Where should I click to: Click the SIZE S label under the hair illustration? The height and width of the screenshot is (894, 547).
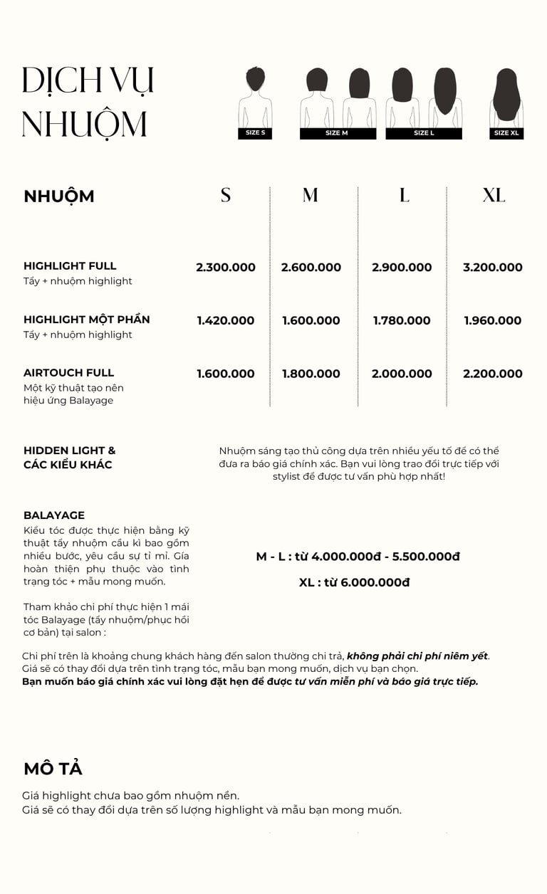[x=255, y=133]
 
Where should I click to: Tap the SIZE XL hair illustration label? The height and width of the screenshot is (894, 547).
[x=506, y=133]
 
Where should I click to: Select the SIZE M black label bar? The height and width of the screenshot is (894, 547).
[x=338, y=133]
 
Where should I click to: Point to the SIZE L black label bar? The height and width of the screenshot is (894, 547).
[x=424, y=133]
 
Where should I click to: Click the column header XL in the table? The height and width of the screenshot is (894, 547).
[x=494, y=195]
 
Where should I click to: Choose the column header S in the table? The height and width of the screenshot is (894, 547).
[x=226, y=195]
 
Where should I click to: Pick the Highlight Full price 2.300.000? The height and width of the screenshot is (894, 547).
[x=226, y=268]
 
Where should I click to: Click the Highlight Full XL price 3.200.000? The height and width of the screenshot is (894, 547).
[x=493, y=268]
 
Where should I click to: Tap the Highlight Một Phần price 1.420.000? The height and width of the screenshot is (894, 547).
[x=226, y=321]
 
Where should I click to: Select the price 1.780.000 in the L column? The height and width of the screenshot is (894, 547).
[x=402, y=321]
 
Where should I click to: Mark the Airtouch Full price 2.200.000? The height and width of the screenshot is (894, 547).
[x=493, y=374]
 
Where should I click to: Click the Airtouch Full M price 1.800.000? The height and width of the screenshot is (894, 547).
[x=311, y=374]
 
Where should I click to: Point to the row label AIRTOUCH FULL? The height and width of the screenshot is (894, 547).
[x=68, y=373]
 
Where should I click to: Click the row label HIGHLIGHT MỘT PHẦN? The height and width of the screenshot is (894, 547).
[x=87, y=320]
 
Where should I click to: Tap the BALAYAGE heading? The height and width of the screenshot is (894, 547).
[x=54, y=515]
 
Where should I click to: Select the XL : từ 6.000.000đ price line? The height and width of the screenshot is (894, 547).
[x=355, y=583]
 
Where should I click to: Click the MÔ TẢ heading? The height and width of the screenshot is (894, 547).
[x=53, y=769]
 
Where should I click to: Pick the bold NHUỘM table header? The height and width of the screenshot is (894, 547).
[x=59, y=196]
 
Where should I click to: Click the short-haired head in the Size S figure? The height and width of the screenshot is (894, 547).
[x=255, y=78]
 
